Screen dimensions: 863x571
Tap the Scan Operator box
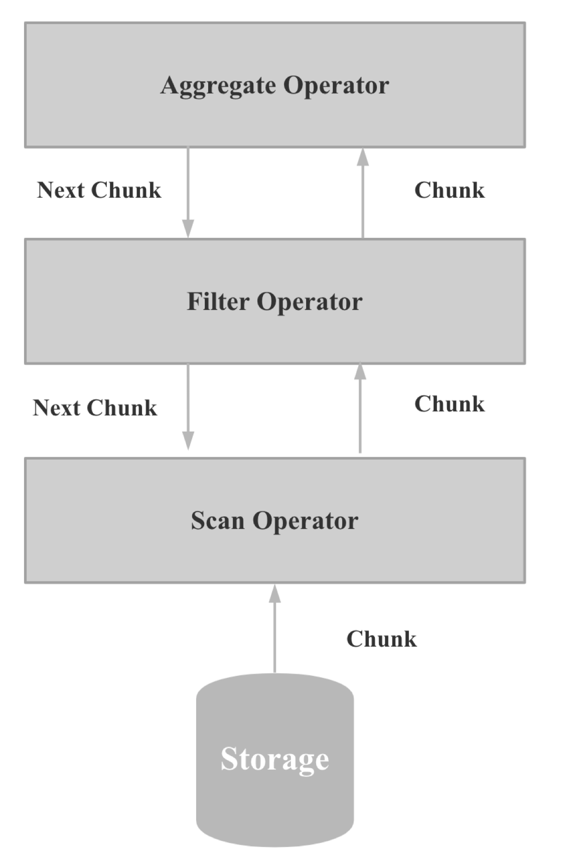(x=275, y=552)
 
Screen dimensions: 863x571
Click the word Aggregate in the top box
(x=219, y=85)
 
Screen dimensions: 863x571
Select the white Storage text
(x=275, y=759)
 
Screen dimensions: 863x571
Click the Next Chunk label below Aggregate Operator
(x=99, y=190)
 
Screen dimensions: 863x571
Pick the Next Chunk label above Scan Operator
(x=95, y=408)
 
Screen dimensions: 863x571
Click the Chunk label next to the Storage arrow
(x=382, y=639)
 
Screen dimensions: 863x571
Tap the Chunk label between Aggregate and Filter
(x=450, y=190)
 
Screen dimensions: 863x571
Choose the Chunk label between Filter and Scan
(x=450, y=404)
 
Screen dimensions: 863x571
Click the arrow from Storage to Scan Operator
(x=274, y=632)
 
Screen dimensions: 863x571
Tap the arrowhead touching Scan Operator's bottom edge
(x=274, y=594)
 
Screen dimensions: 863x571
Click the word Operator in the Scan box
(x=305, y=521)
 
